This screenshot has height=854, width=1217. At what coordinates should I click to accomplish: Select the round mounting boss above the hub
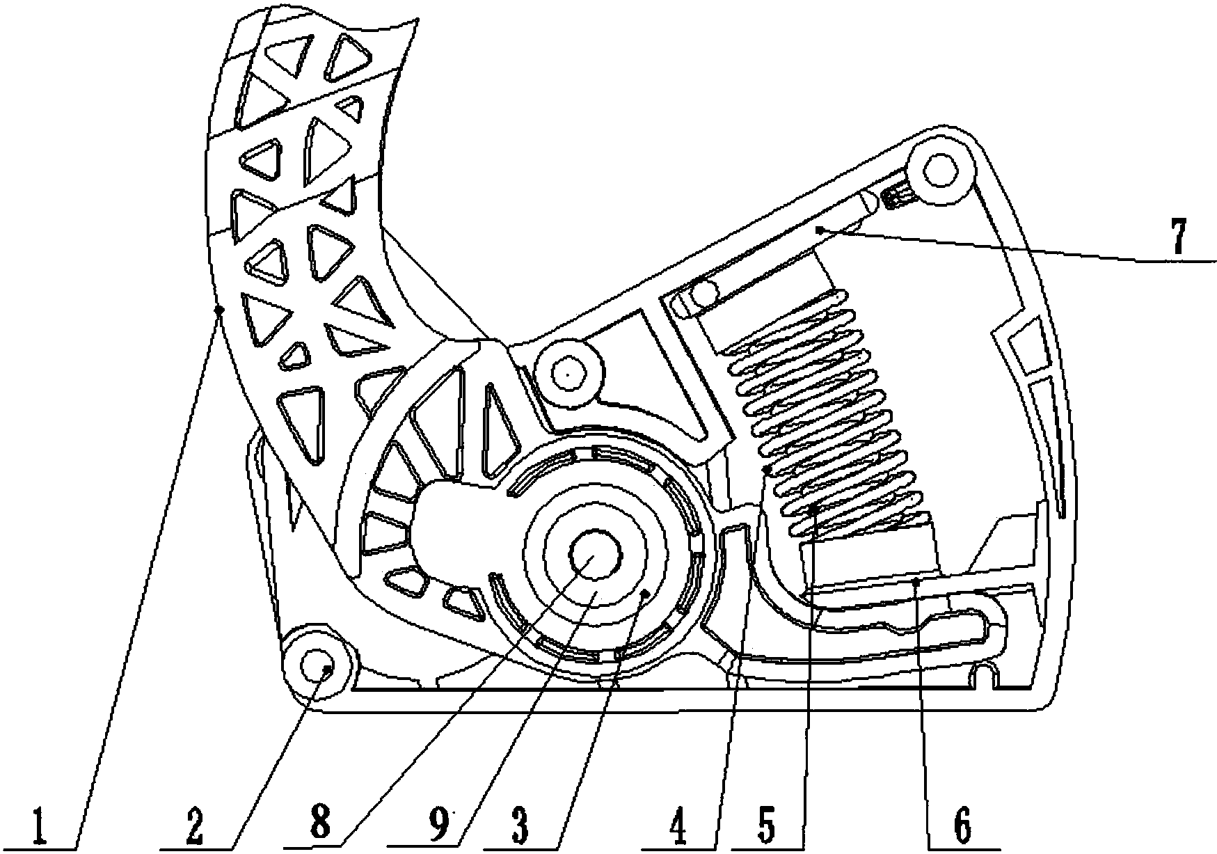[x=568, y=375]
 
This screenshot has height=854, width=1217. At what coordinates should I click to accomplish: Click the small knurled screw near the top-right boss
[x=896, y=198]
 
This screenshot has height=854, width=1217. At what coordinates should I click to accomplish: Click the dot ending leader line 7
[x=821, y=230]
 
